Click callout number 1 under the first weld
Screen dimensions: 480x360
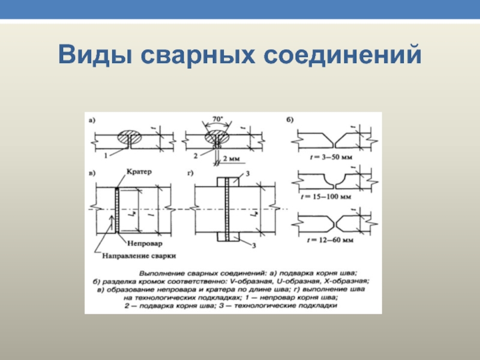point(105,155)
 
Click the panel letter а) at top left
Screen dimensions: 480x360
point(92,120)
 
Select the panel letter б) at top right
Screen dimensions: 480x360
point(290,120)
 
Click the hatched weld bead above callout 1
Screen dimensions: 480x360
point(129,137)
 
